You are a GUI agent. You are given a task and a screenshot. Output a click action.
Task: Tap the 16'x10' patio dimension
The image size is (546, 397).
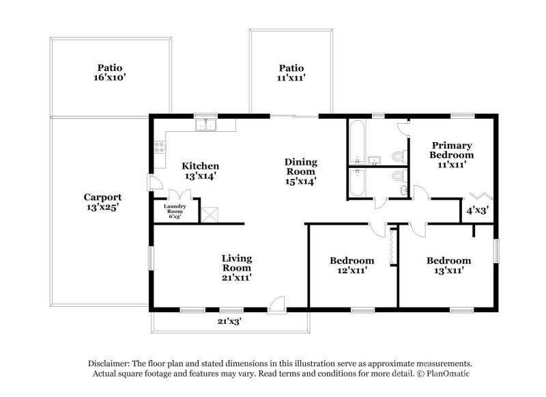109,79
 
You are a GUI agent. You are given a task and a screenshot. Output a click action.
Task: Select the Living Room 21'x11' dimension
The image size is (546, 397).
237,278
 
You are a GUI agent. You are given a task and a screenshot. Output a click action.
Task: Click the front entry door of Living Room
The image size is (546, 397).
276,304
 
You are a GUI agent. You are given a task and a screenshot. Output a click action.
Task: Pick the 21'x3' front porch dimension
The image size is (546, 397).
229,321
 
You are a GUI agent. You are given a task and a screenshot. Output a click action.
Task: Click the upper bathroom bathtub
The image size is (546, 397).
357,141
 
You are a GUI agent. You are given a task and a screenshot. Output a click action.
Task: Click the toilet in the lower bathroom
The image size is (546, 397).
399,179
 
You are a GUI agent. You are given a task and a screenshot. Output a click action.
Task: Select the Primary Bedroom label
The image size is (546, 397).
450,150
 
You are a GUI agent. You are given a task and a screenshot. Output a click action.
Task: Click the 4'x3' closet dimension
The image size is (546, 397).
477,210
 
